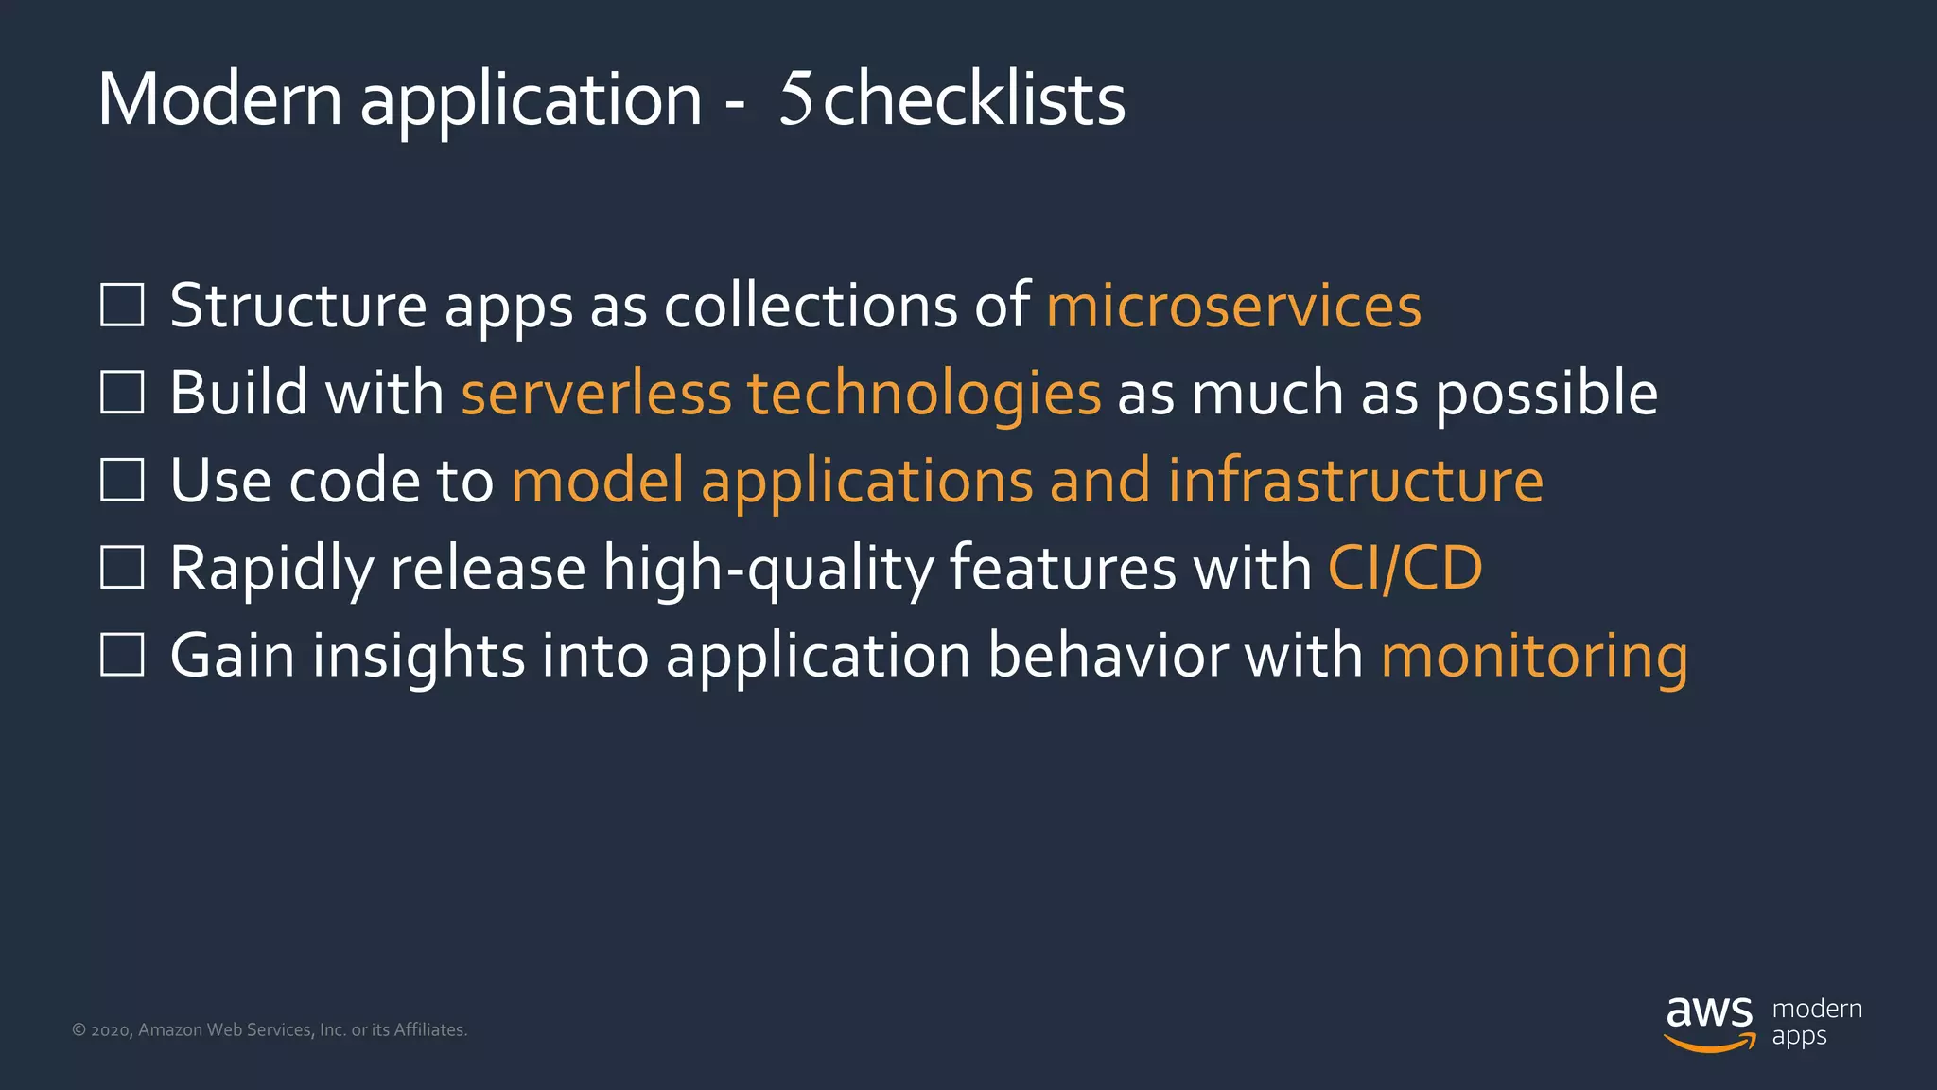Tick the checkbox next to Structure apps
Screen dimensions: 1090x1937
(x=122, y=305)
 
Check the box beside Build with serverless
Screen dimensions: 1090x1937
(x=122, y=392)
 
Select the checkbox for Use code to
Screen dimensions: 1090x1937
(x=122, y=480)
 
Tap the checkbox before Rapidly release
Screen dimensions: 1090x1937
(x=122, y=567)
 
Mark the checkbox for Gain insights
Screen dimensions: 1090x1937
(x=122, y=655)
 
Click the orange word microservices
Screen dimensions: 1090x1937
(x=1233, y=306)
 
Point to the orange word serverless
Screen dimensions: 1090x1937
(x=596, y=393)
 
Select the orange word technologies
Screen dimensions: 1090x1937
(x=924, y=393)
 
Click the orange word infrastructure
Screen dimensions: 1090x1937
(x=1355, y=481)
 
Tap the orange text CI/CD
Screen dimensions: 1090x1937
(x=1405, y=568)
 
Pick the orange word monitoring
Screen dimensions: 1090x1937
(x=1534, y=656)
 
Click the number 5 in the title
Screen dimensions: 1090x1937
(x=796, y=98)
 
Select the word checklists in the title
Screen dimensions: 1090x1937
(x=974, y=98)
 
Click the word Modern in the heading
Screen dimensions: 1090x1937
(x=219, y=98)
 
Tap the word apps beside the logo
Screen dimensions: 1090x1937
(x=1799, y=1037)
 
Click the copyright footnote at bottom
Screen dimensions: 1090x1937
(x=270, y=1029)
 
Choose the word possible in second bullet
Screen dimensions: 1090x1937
(x=1546, y=393)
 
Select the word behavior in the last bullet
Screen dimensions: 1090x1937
(x=1107, y=656)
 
